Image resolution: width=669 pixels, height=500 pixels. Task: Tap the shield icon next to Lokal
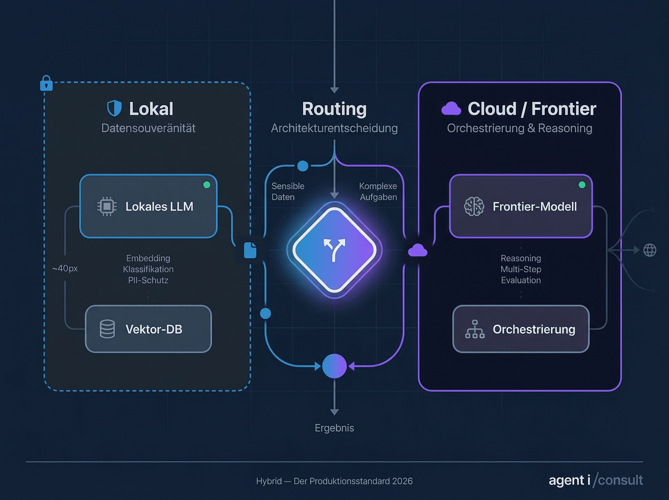click(x=114, y=108)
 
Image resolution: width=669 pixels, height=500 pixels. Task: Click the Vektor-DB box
click(x=148, y=329)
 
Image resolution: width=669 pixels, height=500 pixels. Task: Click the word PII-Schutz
click(x=148, y=280)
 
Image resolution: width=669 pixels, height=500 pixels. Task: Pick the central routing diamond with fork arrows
click(x=334, y=249)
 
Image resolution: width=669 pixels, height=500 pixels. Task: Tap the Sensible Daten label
click(x=288, y=191)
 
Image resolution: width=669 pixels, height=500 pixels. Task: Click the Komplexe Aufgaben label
click(x=378, y=191)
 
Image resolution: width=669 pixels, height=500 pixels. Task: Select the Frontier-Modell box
click(x=521, y=206)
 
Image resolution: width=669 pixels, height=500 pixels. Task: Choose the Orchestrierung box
click(x=521, y=329)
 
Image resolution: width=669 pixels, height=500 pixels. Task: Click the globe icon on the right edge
click(x=649, y=250)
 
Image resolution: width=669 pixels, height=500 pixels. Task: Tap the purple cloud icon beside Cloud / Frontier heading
click(x=451, y=109)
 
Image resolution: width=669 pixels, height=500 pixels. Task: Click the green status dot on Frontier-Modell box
click(x=582, y=185)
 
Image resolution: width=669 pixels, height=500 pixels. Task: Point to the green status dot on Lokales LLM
click(x=206, y=185)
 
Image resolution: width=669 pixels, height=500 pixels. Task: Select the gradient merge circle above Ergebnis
click(x=334, y=366)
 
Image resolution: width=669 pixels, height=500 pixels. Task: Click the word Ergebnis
click(x=334, y=428)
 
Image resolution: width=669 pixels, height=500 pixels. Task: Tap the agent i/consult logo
click(x=595, y=480)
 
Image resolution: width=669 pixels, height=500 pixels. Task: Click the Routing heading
click(x=334, y=108)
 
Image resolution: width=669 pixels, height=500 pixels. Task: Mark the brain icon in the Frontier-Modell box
click(x=474, y=206)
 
